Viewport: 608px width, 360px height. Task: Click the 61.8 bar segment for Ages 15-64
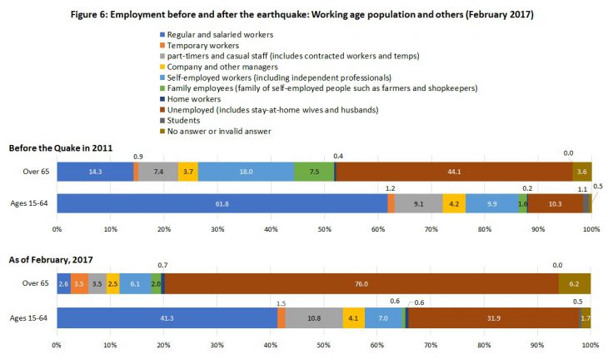click(222, 204)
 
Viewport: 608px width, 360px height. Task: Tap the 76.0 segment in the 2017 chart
click(361, 283)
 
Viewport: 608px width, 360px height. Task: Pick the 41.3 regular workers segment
click(167, 317)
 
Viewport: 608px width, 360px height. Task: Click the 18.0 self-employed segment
click(246, 171)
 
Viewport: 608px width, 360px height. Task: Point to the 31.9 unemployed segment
click(493, 317)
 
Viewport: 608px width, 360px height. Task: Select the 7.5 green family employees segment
click(314, 171)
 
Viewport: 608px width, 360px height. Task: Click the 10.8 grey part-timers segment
click(315, 317)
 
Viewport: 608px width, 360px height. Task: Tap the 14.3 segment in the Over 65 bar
click(94, 171)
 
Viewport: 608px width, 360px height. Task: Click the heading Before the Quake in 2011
click(63, 147)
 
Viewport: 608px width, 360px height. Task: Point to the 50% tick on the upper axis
click(324, 227)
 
